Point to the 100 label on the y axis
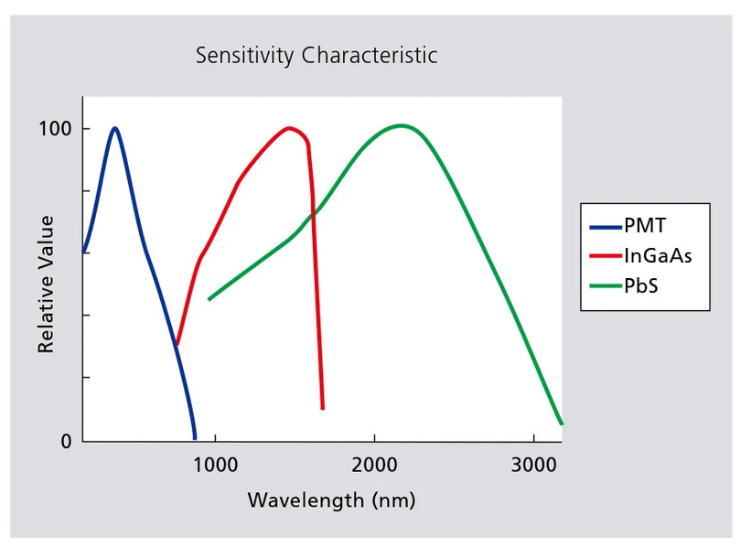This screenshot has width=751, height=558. point(54,129)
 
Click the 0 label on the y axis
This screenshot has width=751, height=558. point(65,441)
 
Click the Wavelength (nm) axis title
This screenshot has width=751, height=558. point(331,500)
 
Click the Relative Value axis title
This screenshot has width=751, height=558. point(46,284)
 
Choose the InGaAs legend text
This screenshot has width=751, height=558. point(658,256)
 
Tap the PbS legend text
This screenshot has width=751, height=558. point(641,285)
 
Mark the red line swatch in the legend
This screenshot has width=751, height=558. point(605,256)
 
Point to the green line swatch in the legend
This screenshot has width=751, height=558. point(605,285)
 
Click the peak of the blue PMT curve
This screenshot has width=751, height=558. point(114,128)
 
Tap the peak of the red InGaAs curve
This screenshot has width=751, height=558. point(290,128)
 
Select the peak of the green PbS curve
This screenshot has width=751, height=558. point(400,125)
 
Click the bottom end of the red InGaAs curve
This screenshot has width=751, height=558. point(323,407)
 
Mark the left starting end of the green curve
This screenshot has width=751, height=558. point(209,299)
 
